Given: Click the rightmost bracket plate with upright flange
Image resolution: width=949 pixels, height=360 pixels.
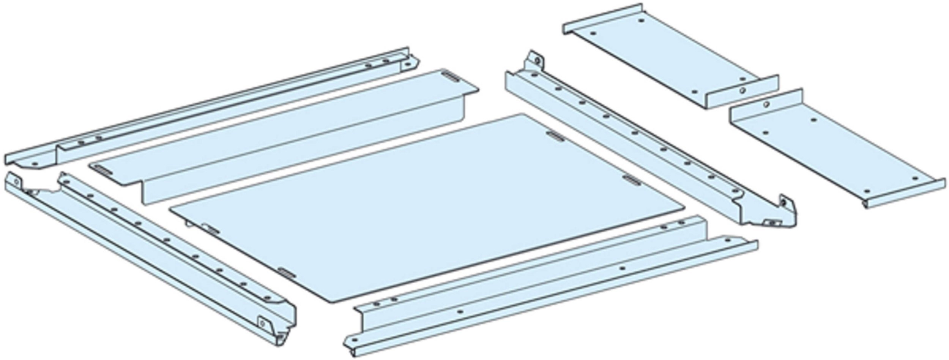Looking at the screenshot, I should [x=835, y=152].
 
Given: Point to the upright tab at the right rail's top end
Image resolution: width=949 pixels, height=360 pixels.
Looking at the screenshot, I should [x=536, y=61].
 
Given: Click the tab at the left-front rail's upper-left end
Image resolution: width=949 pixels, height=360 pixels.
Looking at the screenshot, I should [x=15, y=180].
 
